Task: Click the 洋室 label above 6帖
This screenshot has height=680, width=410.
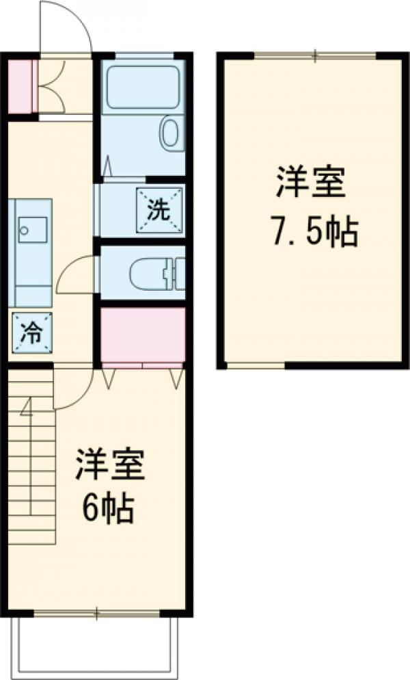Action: (109, 465)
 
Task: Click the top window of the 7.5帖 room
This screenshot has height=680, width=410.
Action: (314, 55)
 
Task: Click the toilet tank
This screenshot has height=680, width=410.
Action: (175, 274)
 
